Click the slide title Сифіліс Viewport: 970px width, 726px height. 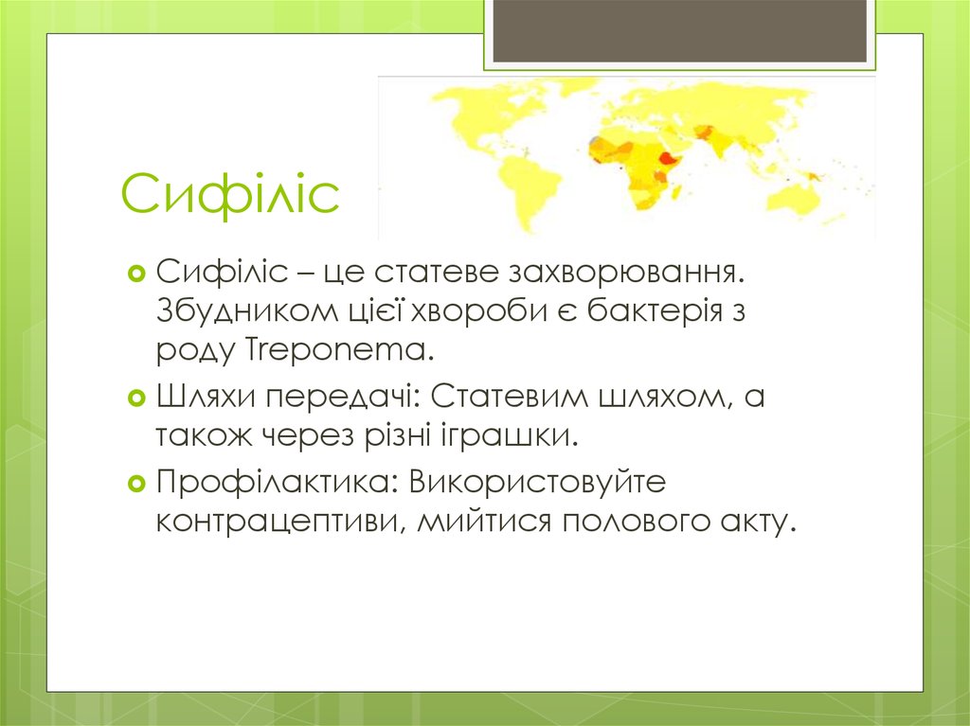tap(229, 194)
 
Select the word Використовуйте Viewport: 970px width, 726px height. tap(538, 482)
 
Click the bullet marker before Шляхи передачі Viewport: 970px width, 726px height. tap(135, 398)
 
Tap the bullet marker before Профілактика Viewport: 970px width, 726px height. tap(135, 484)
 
